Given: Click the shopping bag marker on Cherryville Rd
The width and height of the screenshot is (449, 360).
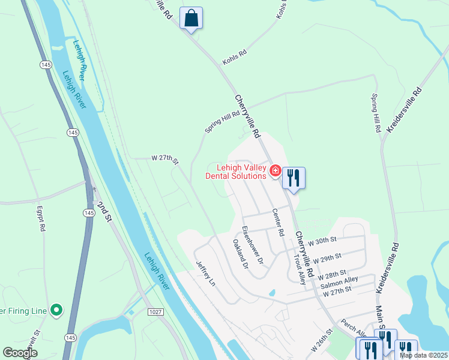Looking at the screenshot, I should (191, 19).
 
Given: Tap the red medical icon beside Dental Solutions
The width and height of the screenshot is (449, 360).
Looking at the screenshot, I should (276, 171).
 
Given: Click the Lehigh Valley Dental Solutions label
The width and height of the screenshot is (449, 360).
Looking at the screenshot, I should (236, 172).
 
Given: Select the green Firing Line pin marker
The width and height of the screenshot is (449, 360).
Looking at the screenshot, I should (56, 310).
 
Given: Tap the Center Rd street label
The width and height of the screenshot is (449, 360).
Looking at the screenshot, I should (277, 222).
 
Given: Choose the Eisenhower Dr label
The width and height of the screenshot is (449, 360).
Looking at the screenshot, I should (252, 244).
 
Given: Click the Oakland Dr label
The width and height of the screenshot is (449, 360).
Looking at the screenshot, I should (240, 254).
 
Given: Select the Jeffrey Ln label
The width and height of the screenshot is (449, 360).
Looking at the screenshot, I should (205, 273).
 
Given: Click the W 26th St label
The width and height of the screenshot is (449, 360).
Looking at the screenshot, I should (322, 340).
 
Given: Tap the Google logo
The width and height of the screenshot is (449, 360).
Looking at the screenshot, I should (20, 352).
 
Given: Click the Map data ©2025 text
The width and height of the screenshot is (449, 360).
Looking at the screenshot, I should (423, 355).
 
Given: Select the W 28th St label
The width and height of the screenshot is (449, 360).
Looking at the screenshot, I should (332, 275).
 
